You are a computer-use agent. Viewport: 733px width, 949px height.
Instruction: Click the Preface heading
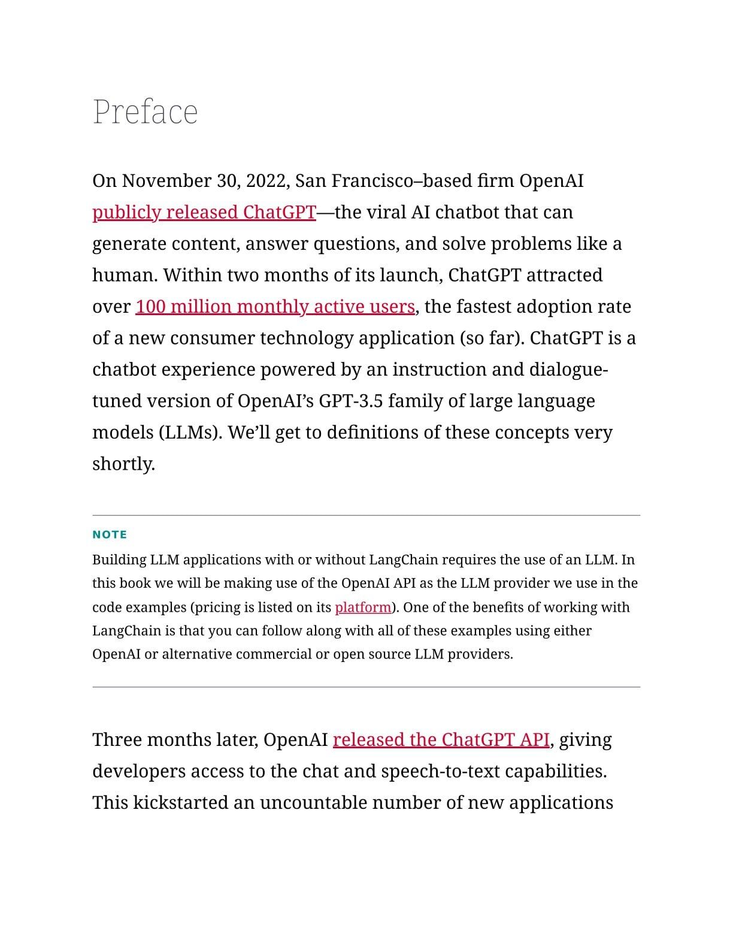[x=145, y=112]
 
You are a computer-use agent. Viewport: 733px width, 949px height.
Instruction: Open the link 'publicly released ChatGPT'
[x=204, y=212]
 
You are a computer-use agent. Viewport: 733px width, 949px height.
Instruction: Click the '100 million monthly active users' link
[x=275, y=307]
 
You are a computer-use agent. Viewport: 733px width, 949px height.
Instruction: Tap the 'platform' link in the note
[x=363, y=608]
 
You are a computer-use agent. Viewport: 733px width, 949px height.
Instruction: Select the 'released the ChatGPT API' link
[x=441, y=740]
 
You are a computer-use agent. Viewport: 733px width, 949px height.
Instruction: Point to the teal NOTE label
[x=110, y=534]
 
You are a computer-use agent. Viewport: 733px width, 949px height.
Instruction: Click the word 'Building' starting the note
[x=119, y=560]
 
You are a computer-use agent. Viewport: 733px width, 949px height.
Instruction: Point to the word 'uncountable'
[x=313, y=803]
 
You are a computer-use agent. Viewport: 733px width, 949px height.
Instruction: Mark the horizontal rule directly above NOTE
[x=366, y=515]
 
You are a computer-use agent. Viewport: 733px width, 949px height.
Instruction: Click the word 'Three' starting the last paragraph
[x=117, y=740]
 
